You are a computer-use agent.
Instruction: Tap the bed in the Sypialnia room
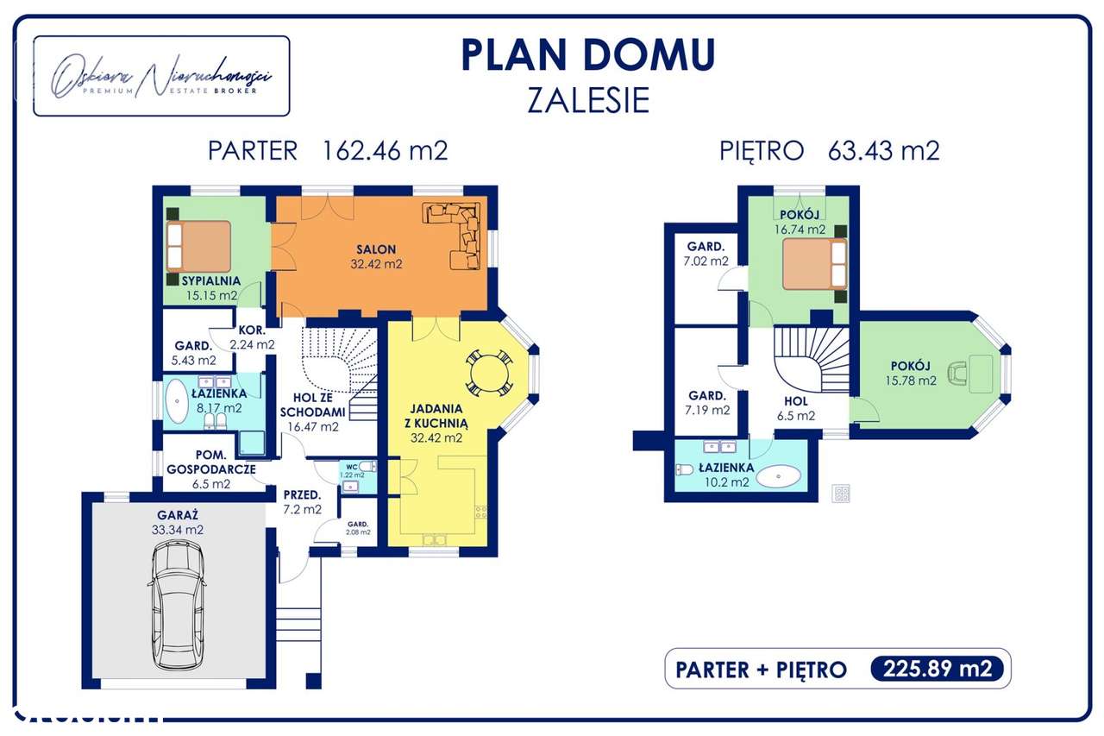(x=199, y=246)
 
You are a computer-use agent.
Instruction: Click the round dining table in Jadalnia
(x=490, y=374)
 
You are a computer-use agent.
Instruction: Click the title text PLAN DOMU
(x=588, y=55)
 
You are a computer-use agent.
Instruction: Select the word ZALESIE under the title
(x=588, y=101)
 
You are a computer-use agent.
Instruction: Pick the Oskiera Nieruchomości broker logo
(x=161, y=77)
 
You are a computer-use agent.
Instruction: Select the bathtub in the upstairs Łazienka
(x=782, y=475)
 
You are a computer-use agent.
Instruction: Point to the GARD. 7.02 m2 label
(x=706, y=253)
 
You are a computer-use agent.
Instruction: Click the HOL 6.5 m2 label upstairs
(x=795, y=408)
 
